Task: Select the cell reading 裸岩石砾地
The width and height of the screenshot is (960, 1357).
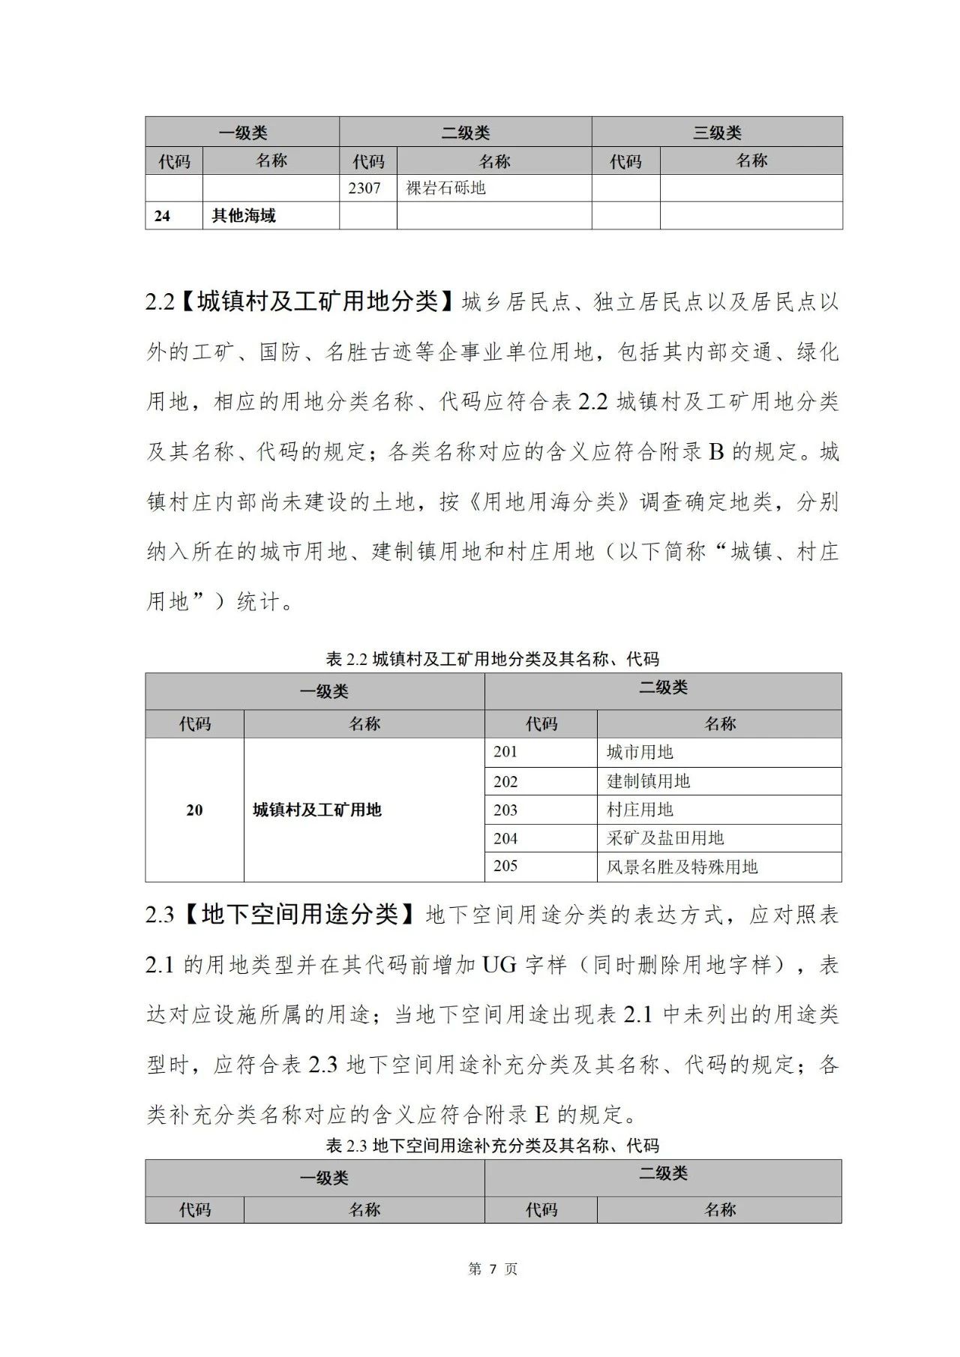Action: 445,188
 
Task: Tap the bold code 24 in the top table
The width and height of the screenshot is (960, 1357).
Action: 162,216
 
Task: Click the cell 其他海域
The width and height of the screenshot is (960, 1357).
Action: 244,216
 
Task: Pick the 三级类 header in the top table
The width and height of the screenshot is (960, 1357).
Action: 716,133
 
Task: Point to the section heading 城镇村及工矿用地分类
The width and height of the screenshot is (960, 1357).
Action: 317,301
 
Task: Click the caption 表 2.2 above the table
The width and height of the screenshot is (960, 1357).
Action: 492,659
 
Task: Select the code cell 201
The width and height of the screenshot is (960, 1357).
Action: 505,752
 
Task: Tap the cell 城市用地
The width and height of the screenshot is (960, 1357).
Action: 640,752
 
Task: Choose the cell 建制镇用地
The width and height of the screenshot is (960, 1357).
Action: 648,781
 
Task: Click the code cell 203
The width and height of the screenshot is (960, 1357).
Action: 505,810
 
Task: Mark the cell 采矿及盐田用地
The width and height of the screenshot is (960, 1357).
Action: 665,838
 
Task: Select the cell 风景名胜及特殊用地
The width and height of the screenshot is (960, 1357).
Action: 682,867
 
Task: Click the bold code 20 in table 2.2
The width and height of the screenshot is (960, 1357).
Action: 194,810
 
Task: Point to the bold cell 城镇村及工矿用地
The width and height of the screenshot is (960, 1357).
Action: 317,810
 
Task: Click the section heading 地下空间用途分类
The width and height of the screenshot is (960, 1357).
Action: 300,915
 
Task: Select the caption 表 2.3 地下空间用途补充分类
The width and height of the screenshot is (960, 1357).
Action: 492,1146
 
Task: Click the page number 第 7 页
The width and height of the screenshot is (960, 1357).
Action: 492,1269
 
